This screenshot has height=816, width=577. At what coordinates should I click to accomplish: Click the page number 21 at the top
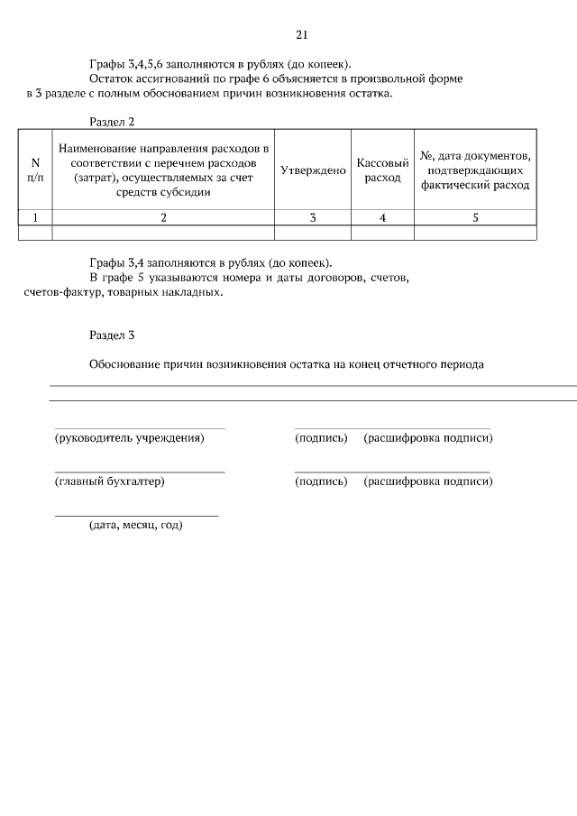(x=302, y=35)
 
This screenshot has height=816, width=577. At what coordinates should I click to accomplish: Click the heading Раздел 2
(x=112, y=122)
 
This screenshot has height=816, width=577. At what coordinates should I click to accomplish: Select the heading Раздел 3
(x=112, y=335)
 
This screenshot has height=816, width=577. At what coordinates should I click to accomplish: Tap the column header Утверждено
(x=313, y=170)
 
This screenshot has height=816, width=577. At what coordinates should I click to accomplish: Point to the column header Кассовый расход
(x=383, y=170)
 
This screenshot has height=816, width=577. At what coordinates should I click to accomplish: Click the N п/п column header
(x=35, y=170)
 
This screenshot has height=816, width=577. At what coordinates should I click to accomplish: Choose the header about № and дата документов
(x=475, y=170)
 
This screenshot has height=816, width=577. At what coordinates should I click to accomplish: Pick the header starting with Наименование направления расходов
(x=163, y=170)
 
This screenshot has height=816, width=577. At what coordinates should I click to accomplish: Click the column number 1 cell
(x=35, y=217)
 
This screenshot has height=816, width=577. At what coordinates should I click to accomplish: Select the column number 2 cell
(x=163, y=217)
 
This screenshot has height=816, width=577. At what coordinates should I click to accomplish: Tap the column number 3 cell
(x=313, y=217)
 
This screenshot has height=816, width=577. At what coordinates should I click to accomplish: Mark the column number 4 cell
(x=383, y=217)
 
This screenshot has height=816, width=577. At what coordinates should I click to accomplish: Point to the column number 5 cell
(x=475, y=217)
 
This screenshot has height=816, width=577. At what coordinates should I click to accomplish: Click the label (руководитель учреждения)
(x=130, y=438)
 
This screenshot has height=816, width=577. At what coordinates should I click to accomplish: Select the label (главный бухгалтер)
(x=110, y=481)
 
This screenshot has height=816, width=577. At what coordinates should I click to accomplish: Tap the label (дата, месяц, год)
(x=136, y=526)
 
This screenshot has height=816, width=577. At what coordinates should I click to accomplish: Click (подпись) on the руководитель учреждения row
(x=321, y=438)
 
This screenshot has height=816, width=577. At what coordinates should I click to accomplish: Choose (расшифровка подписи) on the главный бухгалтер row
(x=427, y=481)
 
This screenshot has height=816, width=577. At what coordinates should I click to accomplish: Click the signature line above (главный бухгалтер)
(x=140, y=472)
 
